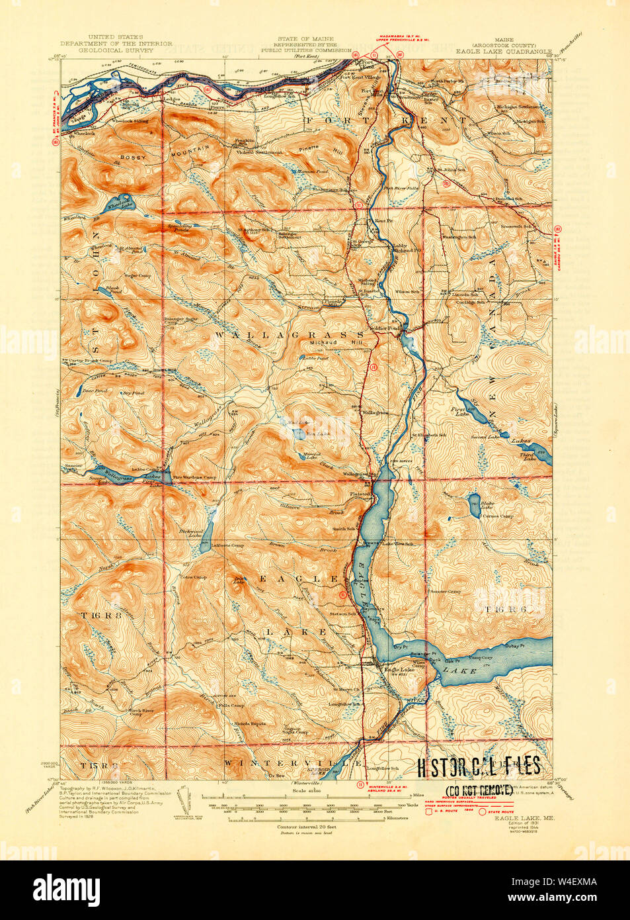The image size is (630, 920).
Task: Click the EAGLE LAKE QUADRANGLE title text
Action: [x=503, y=50]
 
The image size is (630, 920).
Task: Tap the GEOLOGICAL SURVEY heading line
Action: [x=116, y=50]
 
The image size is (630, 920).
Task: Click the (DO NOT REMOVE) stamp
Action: [x=478, y=790]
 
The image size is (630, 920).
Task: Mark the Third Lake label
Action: [x=527, y=457]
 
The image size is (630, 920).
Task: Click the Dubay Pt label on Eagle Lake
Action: [x=514, y=645]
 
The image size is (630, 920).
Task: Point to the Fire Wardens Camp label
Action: [x=194, y=477]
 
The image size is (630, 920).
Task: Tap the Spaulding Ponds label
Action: [x=179, y=228]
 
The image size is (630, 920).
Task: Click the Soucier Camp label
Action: [x=445, y=591]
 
